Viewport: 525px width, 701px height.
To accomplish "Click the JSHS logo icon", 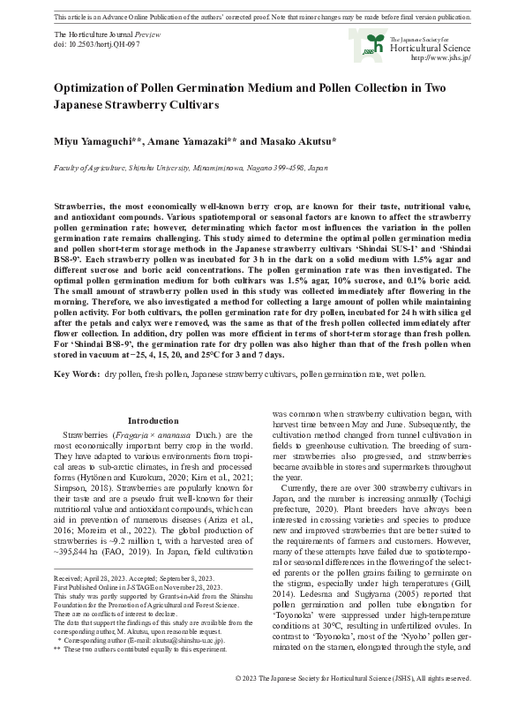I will pos(363,42).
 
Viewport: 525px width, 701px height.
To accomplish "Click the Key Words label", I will pos(76,374).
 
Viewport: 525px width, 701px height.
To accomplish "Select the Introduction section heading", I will pos(153,420).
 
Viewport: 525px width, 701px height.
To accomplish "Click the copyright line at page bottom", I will pos(354,678).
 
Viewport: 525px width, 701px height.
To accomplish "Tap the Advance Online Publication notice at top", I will pos(262,17).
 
